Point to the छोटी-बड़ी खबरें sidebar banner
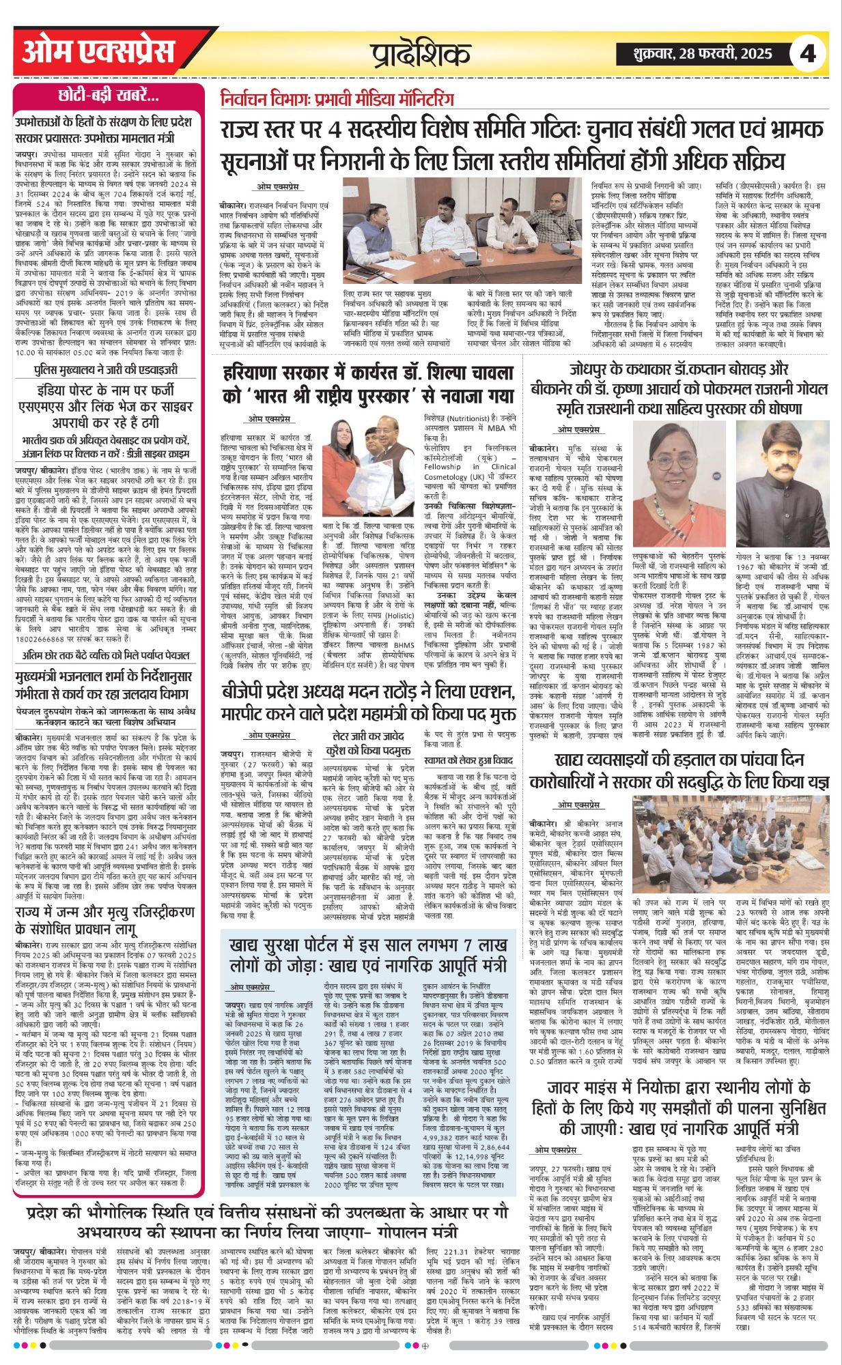tap(109, 96)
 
